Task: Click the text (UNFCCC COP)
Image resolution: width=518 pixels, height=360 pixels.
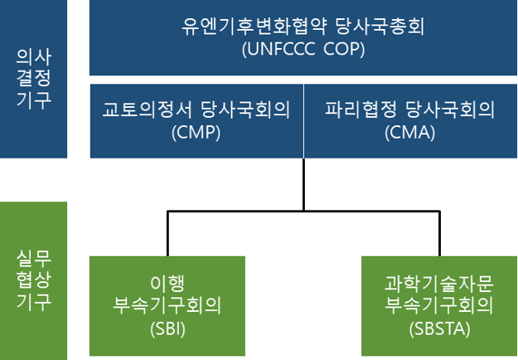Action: coord(303,49)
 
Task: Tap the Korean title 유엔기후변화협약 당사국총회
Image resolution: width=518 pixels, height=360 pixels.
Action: coord(303,26)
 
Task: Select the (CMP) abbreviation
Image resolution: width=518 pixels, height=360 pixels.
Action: coord(196,133)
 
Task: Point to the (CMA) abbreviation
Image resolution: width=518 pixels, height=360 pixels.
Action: coord(409,133)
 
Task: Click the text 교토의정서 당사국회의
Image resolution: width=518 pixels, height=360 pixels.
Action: coord(196,109)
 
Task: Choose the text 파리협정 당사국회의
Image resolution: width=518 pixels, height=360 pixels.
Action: coord(409,109)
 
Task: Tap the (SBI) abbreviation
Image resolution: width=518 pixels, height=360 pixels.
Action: coord(167,328)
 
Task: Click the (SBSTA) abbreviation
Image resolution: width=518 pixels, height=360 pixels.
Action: coord(439,328)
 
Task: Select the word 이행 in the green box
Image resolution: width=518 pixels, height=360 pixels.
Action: coord(167,283)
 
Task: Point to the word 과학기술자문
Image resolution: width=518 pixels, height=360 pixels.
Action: coord(439,283)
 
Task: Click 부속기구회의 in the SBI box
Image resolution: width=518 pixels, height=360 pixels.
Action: coord(167,305)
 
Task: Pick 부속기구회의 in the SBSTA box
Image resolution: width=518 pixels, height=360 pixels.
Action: coord(439,305)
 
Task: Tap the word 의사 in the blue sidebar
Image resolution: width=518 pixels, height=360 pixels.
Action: coord(34,57)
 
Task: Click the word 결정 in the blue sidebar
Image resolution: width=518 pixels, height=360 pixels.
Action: coord(34,78)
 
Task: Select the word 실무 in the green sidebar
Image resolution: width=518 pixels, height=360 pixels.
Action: coord(34,259)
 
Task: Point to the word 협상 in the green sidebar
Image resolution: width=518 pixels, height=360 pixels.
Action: coord(34,280)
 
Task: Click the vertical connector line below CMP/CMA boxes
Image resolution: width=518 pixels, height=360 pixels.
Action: coord(303,184)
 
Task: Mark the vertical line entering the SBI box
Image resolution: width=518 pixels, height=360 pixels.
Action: coord(167,233)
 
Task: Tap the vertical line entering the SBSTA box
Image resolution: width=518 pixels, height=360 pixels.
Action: coord(439,233)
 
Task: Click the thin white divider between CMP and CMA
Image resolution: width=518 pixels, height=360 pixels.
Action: coord(303,121)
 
